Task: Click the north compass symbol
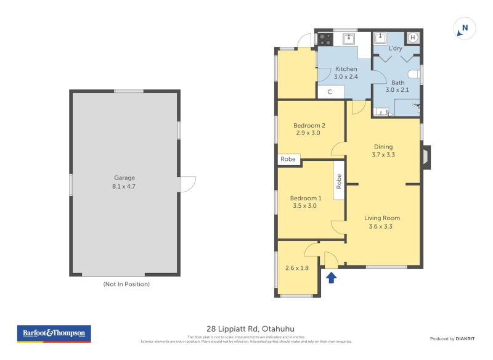pyautogui.click(x=465, y=28)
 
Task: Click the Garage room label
pyautogui.click(x=124, y=178)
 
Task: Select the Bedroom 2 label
pyautogui.click(x=309, y=125)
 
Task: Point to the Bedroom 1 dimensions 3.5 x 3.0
pyautogui.click(x=306, y=206)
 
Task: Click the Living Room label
pyautogui.click(x=381, y=218)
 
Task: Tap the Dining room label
pyautogui.click(x=383, y=147)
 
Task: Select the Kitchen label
pyautogui.click(x=346, y=69)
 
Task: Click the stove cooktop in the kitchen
pyautogui.click(x=325, y=39)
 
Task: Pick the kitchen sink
pyautogui.click(x=349, y=39)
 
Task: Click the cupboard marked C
pyautogui.click(x=330, y=92)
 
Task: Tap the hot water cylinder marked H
pyautogui.click(x=413, y=38)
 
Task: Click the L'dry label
pyautogui.click(x=395, y=48)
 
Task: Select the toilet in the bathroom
pyautogui.click(x=414, y=75)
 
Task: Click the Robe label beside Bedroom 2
pyautogui.click(x=288, y=159)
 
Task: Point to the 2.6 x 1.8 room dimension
pyautogui.click(x=296, y=268)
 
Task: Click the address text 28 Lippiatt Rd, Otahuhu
pyautogui.click(x=246, y=329)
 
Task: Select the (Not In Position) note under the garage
pyautogui.click(x=126, y=284)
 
